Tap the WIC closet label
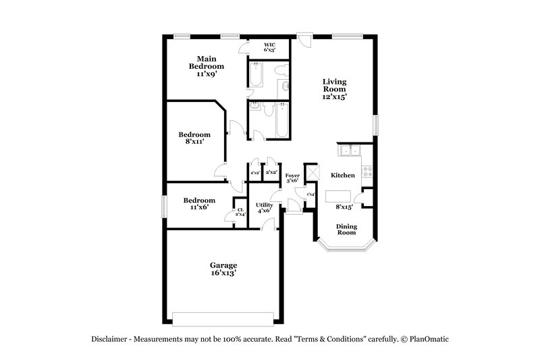(x=269, y=47)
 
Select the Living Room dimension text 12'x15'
(x=334, y=97)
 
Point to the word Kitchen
(x=342, y=176)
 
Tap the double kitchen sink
(x=350, y=151)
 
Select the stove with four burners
(x=367, y=172)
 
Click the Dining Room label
(x=346, y=229)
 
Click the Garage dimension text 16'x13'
(x=223, y=274)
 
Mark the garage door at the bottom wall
(x=223, y=318)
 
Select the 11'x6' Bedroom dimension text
(x=199, y=208)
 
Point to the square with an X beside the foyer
(x=311, y=172)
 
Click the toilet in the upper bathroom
(x=284, y=86)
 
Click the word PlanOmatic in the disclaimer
(x=429, y=338)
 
